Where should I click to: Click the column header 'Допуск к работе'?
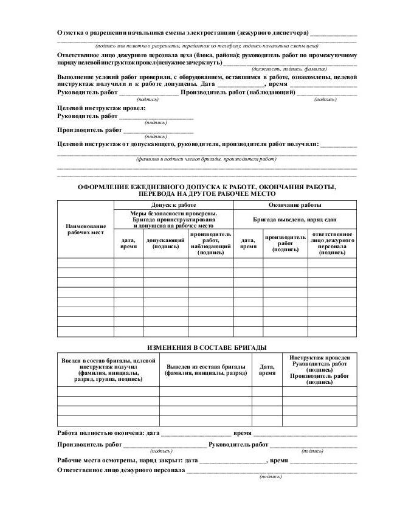click(x=173, y=205)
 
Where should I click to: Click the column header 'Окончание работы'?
click(x=295, y=205)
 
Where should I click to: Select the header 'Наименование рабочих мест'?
click(x=85, y=229)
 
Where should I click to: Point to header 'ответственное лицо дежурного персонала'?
click(x=332, y=243)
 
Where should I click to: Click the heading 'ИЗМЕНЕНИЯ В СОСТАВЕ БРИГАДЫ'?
click(x=207, y=346)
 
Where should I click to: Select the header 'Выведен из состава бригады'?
click(x=205, y=370)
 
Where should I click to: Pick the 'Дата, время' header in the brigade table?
click(x=267, y=370)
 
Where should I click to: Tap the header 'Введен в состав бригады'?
click(x=108, y=370)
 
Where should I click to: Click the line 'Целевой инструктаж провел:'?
click(x=102, y=108)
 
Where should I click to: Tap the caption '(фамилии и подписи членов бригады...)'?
click(x=207, y=158)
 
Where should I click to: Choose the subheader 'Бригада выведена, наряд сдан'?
click(x=295, y=218)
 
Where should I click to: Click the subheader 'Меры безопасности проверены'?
click(x=173, y=214)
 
